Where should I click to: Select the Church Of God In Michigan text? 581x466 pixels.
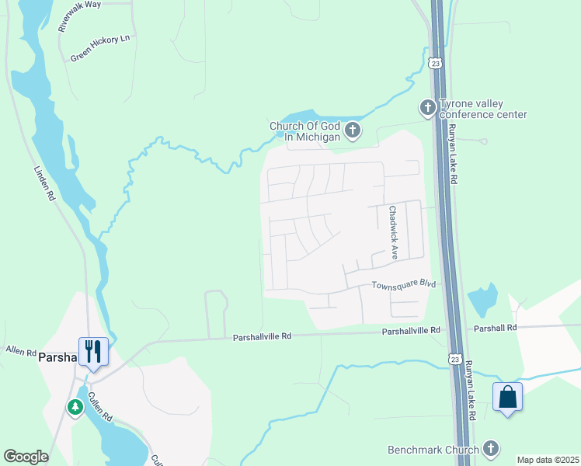point(305,131)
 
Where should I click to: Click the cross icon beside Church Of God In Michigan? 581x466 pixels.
point(353,130)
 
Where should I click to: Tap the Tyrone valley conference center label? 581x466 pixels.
point(483,110)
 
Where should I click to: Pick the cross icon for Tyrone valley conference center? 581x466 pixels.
point(427,108)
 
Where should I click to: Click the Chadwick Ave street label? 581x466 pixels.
point(394,231)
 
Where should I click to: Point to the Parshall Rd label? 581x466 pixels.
point(495,329)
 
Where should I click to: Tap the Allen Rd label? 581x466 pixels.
point(21,353)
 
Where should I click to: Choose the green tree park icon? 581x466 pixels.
point(75,407)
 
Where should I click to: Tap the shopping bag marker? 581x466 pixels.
point(507,397)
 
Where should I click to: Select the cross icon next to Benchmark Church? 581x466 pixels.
point(490,448)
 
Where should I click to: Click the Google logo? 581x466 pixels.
point(26,457)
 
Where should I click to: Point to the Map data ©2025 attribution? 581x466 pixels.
point(548,460)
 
